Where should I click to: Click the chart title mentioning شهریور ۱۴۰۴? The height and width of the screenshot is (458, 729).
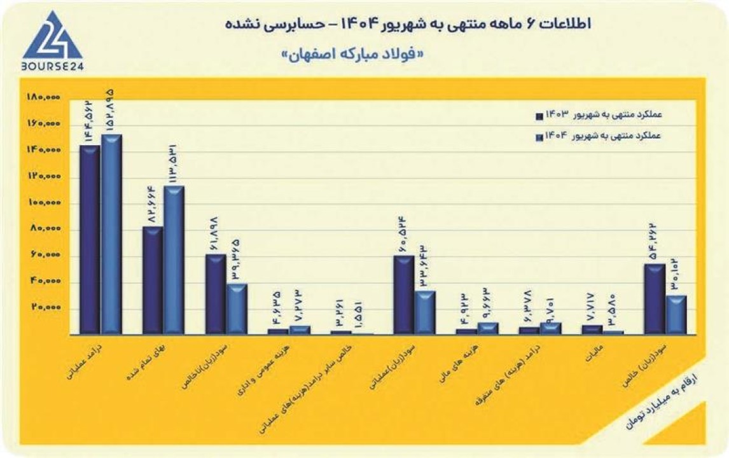pos(407,25)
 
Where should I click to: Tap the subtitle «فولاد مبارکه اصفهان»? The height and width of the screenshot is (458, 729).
pos(352,55)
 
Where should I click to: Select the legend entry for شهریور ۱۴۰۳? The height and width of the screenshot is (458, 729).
pos(598,116)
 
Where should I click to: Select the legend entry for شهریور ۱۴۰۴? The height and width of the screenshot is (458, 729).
pos(598,137)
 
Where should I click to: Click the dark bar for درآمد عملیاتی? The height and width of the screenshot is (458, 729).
pos(90,239)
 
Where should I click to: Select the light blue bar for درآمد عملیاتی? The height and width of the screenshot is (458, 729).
pos(111,234)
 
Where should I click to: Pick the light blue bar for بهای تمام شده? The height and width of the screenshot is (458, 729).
pos(174,260)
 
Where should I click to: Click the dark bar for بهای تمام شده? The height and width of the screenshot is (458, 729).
pos(153,280)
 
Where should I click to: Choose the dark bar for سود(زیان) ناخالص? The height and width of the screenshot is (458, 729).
pos(216,294)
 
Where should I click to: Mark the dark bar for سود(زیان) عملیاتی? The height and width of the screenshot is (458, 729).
pos(404,295)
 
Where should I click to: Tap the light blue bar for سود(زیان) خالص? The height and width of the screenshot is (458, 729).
pos(676,314)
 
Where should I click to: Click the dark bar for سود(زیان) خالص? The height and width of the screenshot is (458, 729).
pos(655,299)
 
